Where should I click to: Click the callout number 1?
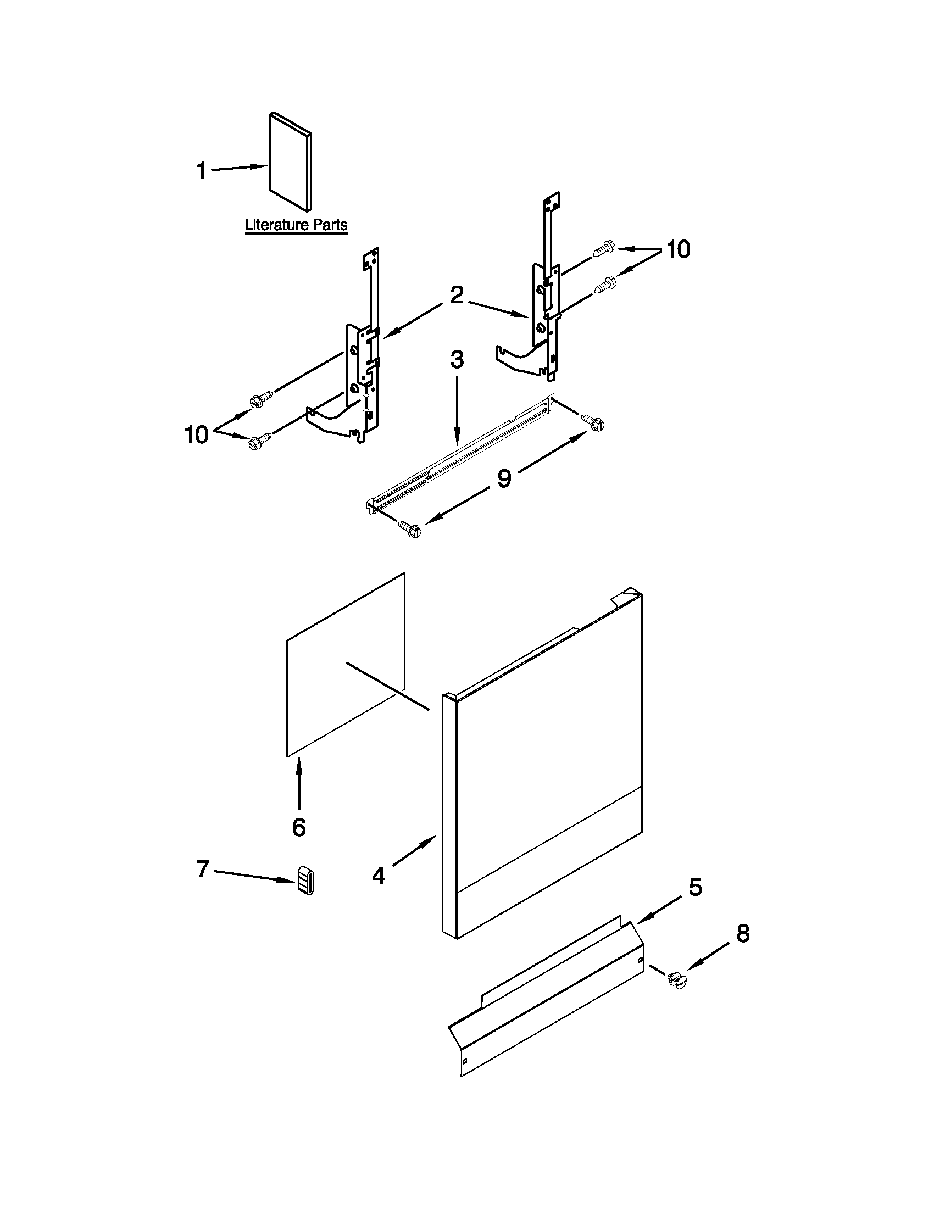[202, 170]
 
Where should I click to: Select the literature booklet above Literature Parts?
[290, 161]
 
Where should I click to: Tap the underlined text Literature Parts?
[296, 225]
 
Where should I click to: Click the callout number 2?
[456, 296]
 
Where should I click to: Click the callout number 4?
[378, 876]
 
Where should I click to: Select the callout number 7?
[203, 868]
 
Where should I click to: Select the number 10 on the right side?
[678, 249]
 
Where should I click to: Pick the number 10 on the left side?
[197, 434]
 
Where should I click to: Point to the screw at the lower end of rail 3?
[410, 529]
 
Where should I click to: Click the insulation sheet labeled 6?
[346, 664]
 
